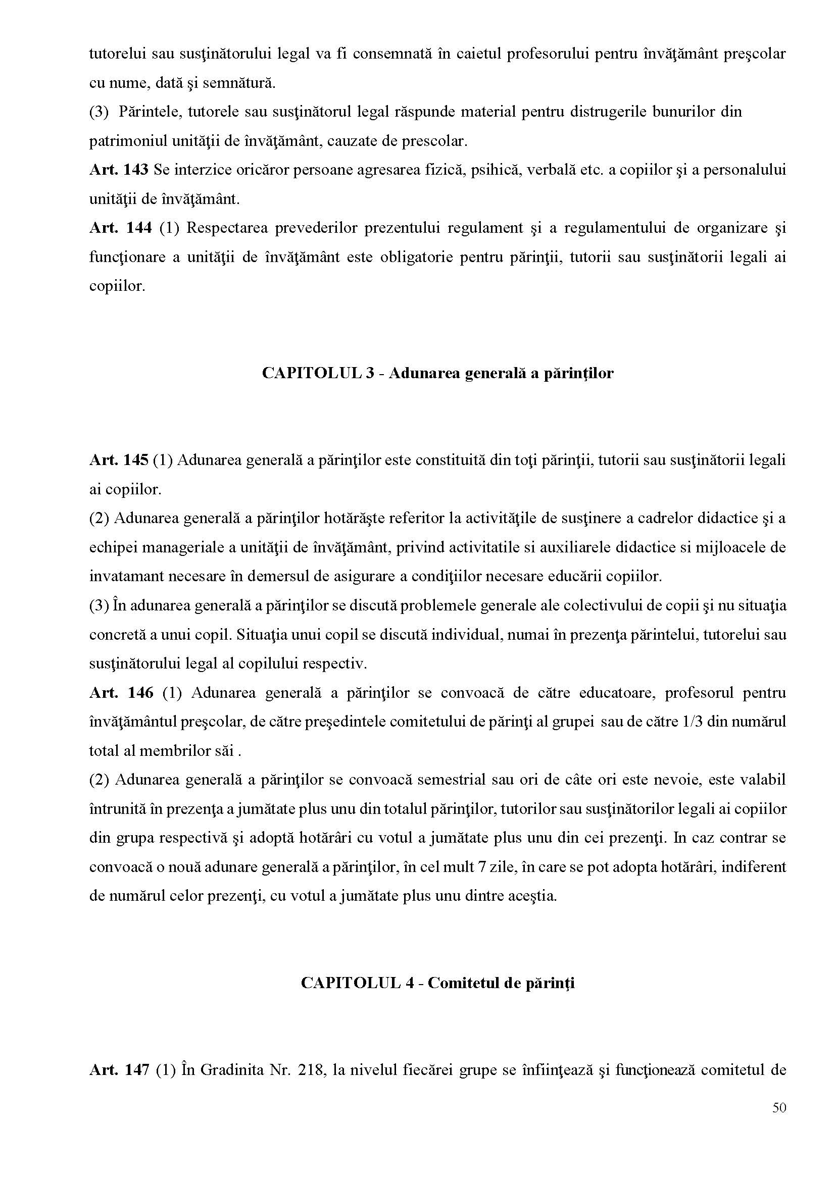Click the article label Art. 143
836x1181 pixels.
(x=118, y=170)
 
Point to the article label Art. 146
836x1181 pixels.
(x=121, y=693)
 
